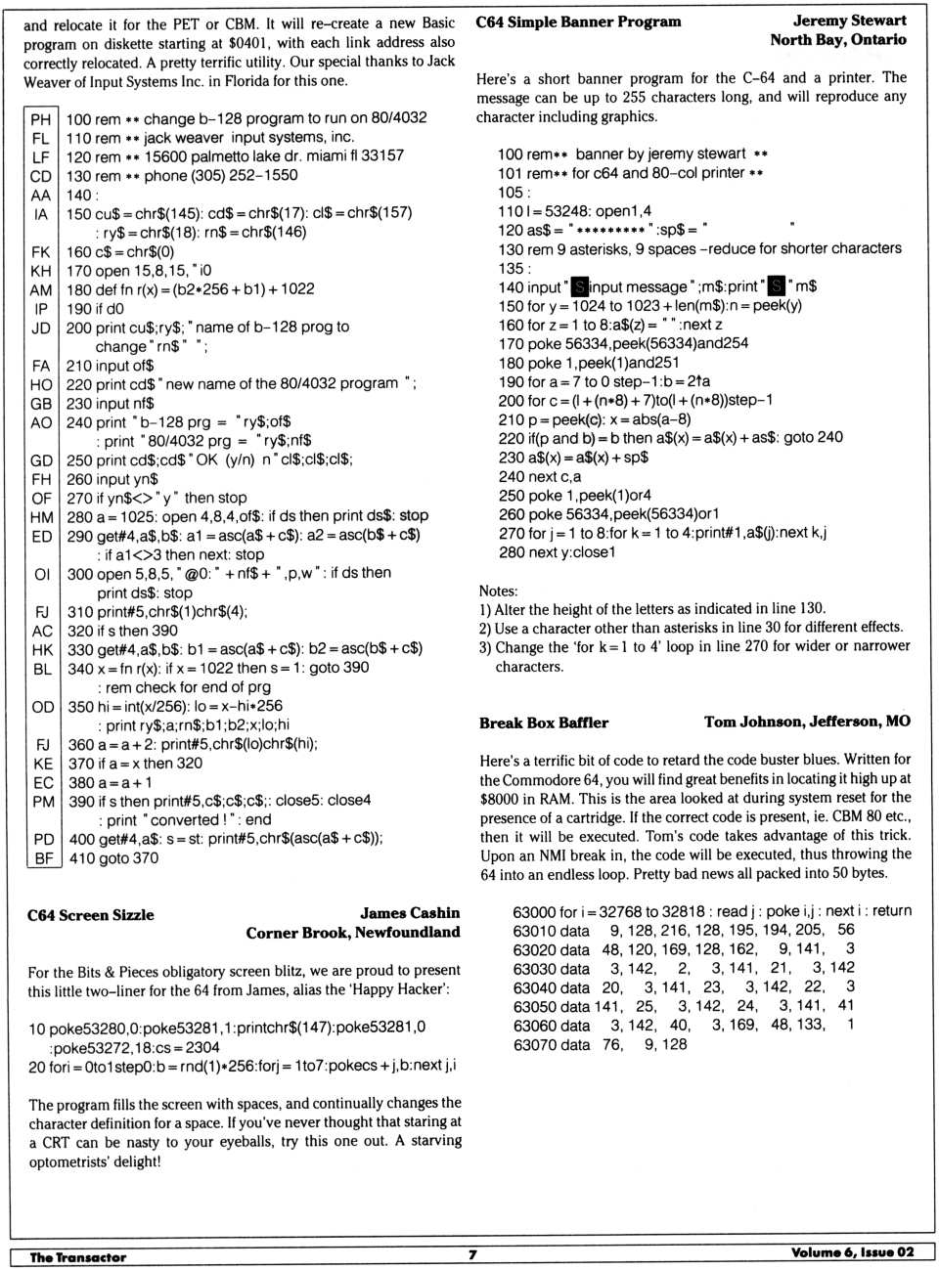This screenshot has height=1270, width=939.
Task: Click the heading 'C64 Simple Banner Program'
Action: coord(578,22)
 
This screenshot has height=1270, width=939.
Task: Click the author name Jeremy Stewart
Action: coord(849,21)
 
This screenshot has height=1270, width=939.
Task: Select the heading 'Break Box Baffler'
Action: coord(543,723)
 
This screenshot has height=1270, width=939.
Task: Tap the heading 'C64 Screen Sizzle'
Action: coord(90,915)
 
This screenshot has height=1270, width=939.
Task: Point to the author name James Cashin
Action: coord(409,913)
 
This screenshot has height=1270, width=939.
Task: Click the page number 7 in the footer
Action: coord(471,1254)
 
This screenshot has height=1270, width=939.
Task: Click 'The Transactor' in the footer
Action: coord(77,1257)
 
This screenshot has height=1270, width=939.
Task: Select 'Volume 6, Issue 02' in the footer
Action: coord(852,1252)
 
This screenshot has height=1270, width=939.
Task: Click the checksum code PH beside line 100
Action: coord(41,119)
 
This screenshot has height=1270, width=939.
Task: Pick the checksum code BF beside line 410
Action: coord(43,858)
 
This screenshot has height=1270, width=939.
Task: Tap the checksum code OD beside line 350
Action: coord(42,707)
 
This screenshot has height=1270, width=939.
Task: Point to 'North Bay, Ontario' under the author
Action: coord(837,40)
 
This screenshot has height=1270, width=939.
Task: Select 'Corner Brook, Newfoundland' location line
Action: coord(352,933)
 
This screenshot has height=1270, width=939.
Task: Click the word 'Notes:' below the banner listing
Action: coord(498,591)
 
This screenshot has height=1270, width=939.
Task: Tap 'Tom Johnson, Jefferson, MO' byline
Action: coord(806,722)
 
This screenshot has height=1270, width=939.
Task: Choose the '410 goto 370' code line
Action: coord(112,858)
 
